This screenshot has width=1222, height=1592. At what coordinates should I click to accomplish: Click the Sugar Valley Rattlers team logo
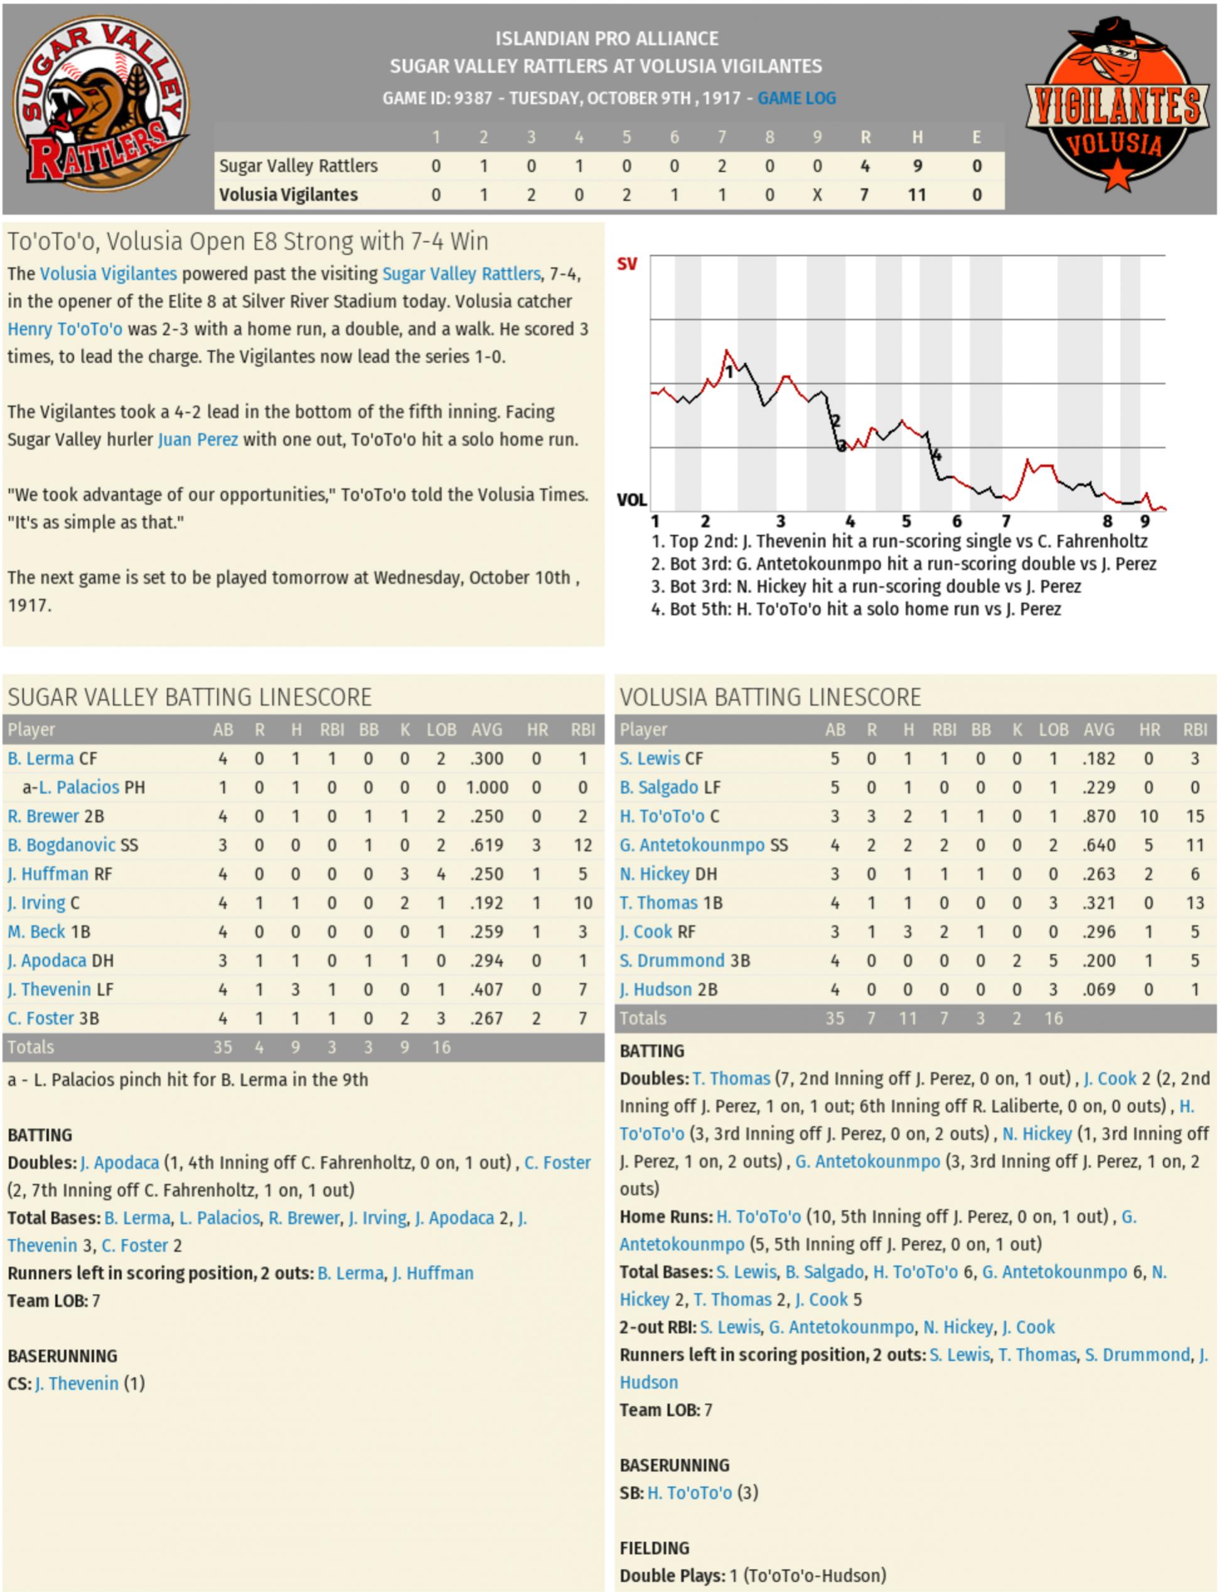click(102, 106)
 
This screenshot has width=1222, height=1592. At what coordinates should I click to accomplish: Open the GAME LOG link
click(796, 98)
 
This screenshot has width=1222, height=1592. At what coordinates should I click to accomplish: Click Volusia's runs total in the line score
click(864, 195)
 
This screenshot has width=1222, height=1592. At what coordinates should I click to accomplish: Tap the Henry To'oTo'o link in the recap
click(65, 329)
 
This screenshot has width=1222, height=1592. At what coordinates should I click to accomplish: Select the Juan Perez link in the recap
click(198, 440)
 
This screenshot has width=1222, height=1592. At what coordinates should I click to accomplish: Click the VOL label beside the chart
click(631, 500)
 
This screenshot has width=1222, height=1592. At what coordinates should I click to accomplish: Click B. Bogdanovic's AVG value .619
click(486, 845)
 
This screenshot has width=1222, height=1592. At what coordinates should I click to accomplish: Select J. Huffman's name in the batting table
click(47, 874)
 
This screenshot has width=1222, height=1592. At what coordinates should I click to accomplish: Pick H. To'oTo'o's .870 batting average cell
click(1098, 816)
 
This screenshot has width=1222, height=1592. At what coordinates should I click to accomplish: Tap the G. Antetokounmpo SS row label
click(703, 845)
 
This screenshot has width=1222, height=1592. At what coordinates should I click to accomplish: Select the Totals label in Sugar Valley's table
click(31, 1047)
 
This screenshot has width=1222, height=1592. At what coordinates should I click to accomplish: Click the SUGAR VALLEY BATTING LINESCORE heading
click(189, 697)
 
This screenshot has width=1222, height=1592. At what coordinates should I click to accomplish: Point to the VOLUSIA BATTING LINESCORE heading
click(769, 697)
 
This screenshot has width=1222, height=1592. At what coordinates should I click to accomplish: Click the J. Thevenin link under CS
click(77, 1383)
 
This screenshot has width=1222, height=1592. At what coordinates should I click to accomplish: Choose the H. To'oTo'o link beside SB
click(690, 1492)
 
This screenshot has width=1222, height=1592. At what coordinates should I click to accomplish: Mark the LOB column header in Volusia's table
click(1053, 729)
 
